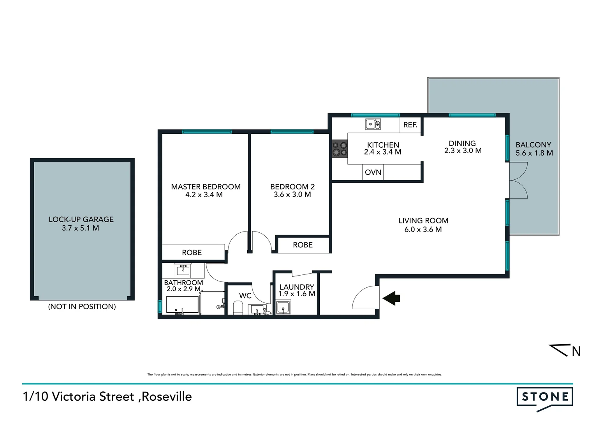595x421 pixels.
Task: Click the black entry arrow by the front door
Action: pos(392,298)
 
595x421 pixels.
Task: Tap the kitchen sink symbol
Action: pos(373,124)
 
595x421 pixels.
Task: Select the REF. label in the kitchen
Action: pos(410,125)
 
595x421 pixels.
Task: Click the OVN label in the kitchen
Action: pos(373,172)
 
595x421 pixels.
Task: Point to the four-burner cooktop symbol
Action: pos(340,149)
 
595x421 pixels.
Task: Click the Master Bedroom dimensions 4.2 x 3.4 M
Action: pos(204,195)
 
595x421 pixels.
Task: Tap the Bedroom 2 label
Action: pos(292,187)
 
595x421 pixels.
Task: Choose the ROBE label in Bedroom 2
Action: pos(303,245)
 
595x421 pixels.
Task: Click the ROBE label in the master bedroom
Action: pos(192,253)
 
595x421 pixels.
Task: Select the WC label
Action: pos(245,296)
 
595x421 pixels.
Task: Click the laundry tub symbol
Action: pos(283,308)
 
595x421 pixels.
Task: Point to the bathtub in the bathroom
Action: pos(182,305)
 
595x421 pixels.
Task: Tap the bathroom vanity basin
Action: pos(183,269)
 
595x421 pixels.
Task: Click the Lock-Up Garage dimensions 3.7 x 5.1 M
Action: pos(81,228)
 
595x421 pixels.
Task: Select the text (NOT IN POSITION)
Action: pos(82,306)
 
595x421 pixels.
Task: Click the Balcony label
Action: pos(533,145)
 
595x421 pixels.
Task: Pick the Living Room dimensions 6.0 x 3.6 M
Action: pos(423,230)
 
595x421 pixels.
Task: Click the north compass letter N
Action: pos(576,352)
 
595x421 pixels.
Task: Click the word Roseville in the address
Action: pos(167,397)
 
